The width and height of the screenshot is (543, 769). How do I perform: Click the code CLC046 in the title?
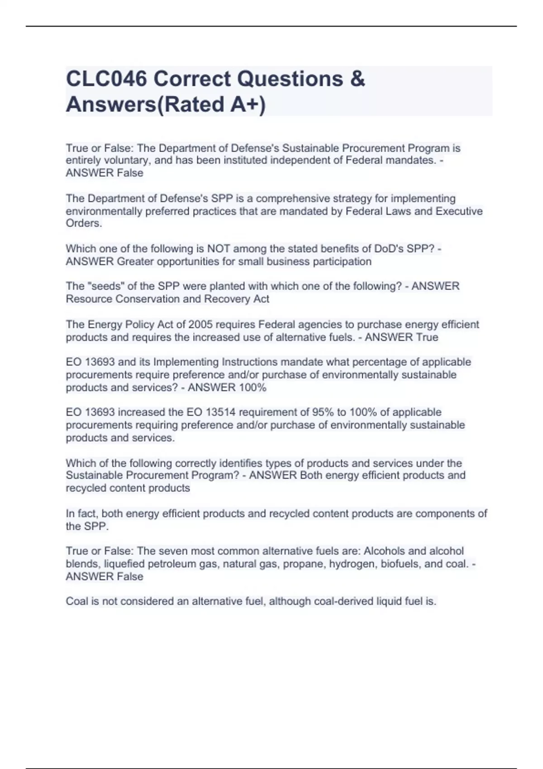point(106,79)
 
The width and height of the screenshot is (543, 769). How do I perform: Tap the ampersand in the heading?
point(357,79)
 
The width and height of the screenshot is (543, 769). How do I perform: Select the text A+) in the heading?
point(248,104)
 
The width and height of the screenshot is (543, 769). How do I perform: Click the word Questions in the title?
point(290,79)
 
